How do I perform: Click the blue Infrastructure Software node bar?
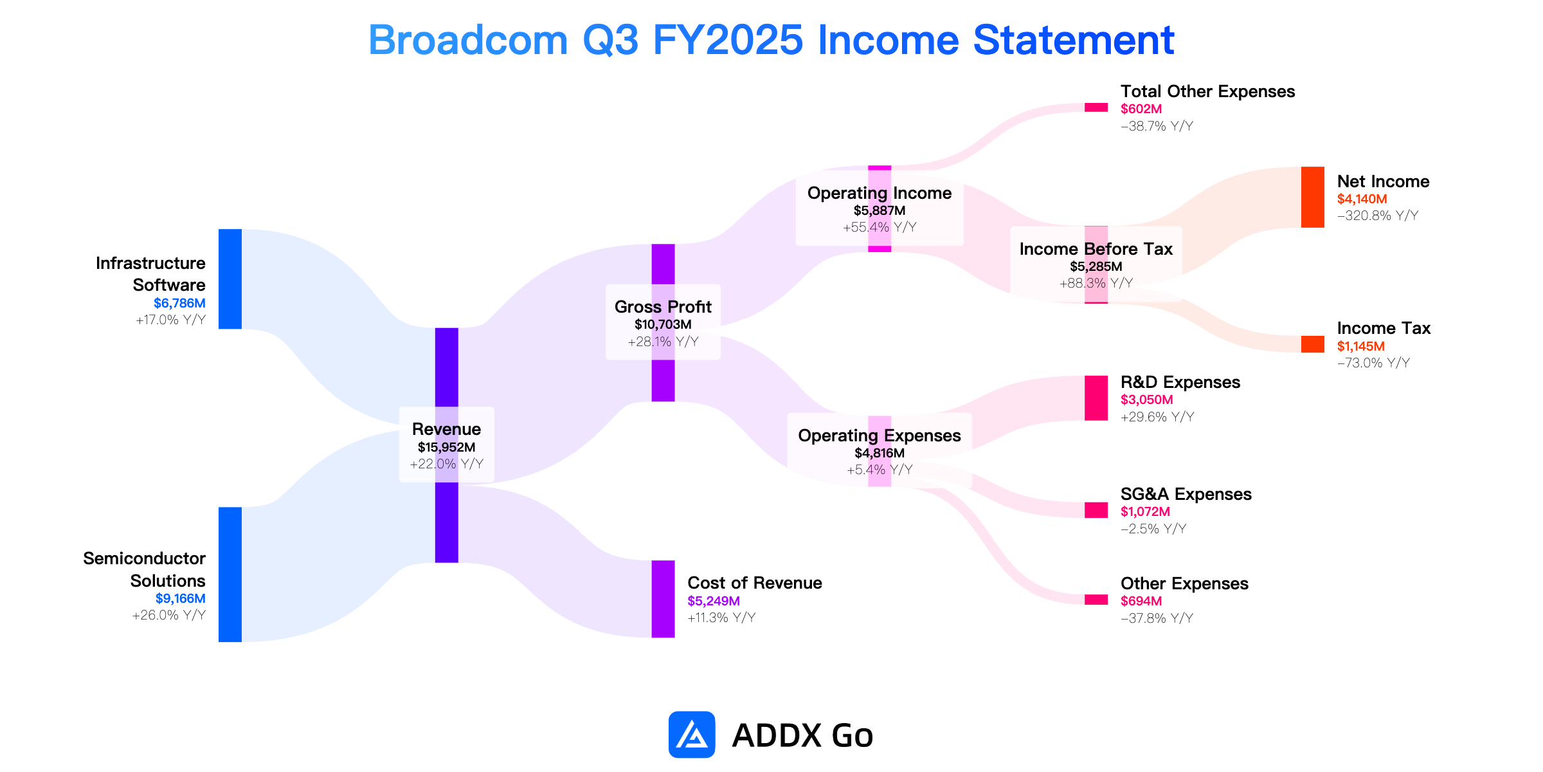point(230,279)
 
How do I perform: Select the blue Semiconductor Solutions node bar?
point(230,574)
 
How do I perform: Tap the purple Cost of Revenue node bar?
point(663,599)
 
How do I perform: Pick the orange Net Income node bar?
point(1313,197)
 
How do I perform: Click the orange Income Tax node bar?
point(1313,344)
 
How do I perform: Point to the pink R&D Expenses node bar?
point(1096,398)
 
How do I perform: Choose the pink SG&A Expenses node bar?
point(1096,510)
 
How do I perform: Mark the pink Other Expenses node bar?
point(1096,600)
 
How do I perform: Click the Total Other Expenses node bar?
point(1096,107)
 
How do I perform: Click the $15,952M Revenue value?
point(447,447)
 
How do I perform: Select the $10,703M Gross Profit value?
point(663,324)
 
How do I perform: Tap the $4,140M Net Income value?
point(1362,199)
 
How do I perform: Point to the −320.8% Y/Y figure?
point(1378,216)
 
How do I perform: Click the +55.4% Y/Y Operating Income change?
point(880,227)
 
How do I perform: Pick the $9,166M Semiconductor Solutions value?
point(180,598)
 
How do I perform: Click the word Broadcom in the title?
point(468,40)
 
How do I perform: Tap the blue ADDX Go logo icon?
point(692,735)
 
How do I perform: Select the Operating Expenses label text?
point(880,436)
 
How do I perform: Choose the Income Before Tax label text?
point(1096,249)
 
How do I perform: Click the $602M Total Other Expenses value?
point(1141,109)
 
